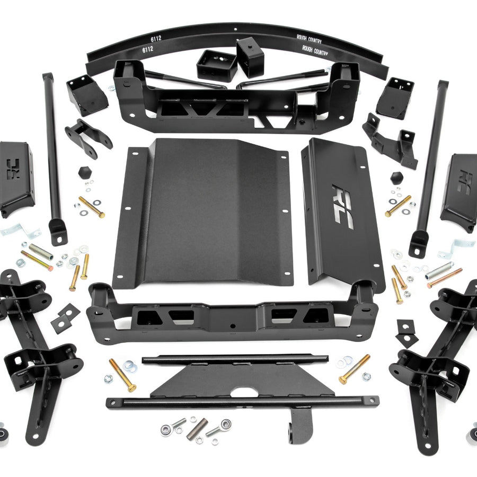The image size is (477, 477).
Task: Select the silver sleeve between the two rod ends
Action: (x=197, y=428)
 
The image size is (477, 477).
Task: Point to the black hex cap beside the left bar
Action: (x=83, y=173)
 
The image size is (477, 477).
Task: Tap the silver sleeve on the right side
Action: (x=439, y=270)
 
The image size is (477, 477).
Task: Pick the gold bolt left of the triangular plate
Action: (x=122, y=375)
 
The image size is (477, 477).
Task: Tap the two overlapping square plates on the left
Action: (x=65, y=317)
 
